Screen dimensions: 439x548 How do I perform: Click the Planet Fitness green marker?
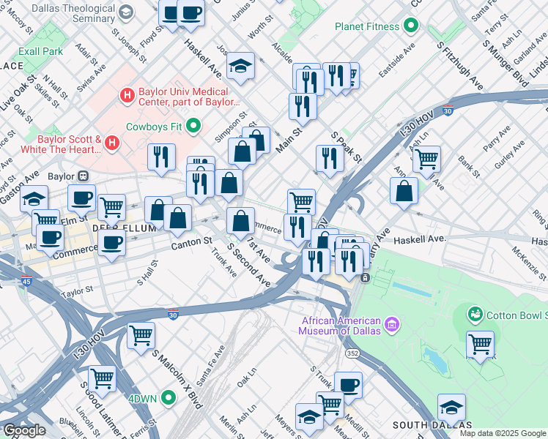[411, 27]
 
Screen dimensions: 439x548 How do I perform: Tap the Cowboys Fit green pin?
[194, 127]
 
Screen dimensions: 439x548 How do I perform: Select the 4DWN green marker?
[169, 398]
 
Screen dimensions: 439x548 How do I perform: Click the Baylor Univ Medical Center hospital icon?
[127, 95]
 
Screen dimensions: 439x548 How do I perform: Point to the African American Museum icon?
[392, 323]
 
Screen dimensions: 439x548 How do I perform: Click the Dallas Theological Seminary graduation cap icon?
[126, 12]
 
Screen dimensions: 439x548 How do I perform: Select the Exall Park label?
[41, 52]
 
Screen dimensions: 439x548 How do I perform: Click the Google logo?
[24, 430]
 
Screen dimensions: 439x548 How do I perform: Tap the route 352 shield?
[353, 353]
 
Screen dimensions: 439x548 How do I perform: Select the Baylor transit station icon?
[83, 176]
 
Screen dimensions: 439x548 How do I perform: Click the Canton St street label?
[192, 241]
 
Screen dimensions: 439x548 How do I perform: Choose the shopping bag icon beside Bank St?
[404, 192]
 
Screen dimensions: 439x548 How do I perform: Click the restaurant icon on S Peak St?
[330, 158]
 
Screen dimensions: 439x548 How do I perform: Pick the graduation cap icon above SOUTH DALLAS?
[451, 407]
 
